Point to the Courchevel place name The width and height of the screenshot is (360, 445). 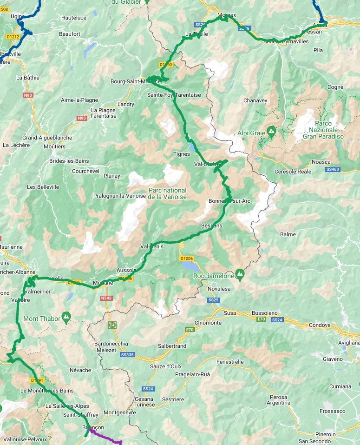tap(86, 171)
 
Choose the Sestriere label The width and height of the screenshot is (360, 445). tap(172, 399)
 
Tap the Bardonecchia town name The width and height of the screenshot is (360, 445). tap(112, 343)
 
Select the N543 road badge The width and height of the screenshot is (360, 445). tap(106, 298)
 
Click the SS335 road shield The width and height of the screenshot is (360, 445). tap(127, 355)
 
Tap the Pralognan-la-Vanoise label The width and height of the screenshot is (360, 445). tap(119, 196)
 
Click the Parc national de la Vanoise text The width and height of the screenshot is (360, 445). tap(168, 193)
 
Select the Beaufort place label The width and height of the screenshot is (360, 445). tap(70, 34)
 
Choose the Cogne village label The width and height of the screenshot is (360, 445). tap(335, 87)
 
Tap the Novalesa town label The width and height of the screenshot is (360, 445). tap(219, 289)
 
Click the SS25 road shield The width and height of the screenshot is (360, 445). tap(214, 300)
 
